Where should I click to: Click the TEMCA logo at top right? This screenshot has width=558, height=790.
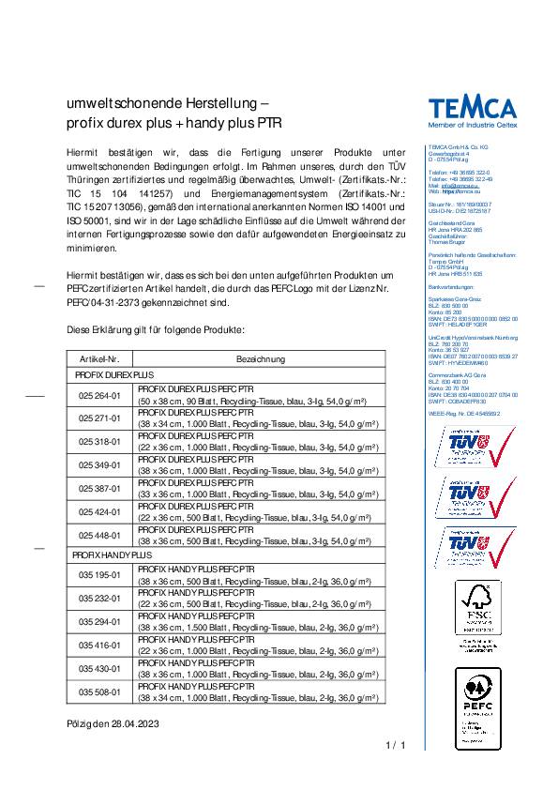coord(475,105)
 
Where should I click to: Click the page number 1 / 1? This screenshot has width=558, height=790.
coord(395,747)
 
